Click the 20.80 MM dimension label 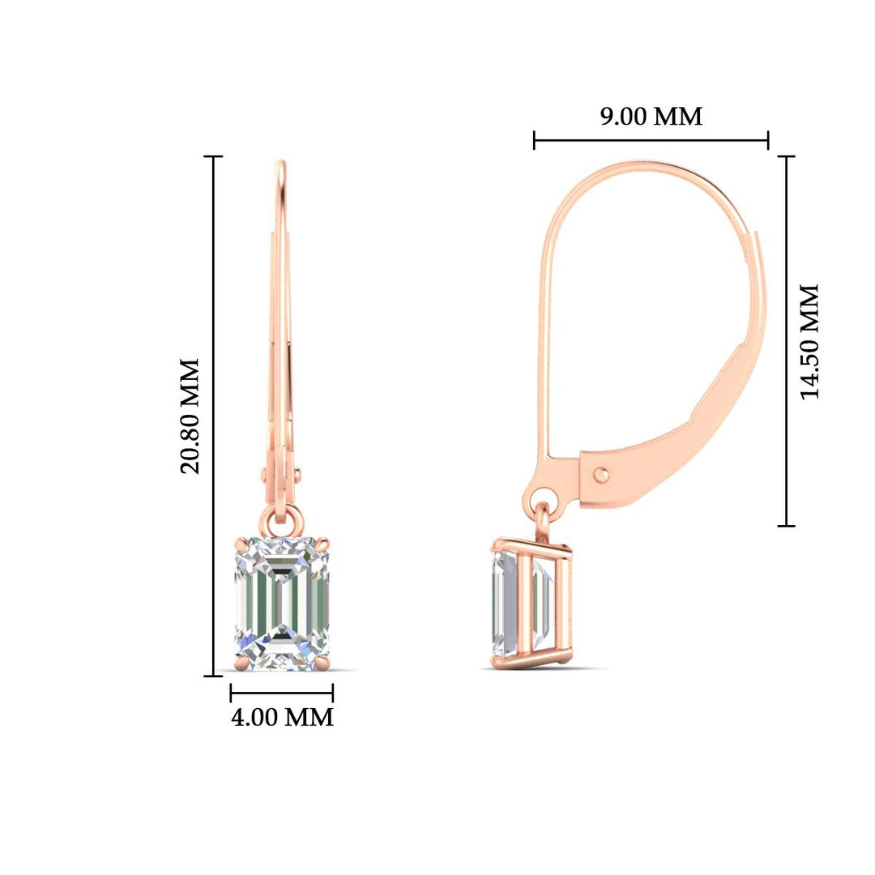coord(190,416)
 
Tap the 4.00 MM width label coord(282,718)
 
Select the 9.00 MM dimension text coord(651,117)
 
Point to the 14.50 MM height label coord(809,341)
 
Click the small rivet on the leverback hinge coord(601,475)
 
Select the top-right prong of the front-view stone coord(326,538)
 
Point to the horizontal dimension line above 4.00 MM coord(282,693)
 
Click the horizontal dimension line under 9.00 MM coord(651,141)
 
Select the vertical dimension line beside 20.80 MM coord(214,416)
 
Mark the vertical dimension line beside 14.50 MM coord(786,341)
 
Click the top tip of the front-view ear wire coord(280,164)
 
